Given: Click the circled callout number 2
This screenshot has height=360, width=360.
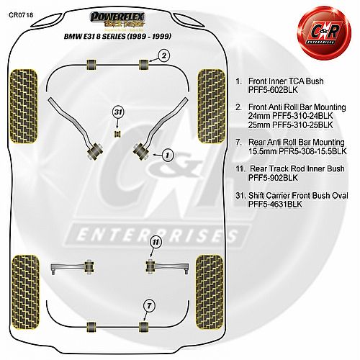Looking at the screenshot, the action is (x=163, y=56).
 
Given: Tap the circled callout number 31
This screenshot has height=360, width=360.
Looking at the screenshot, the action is (x=118, y=112).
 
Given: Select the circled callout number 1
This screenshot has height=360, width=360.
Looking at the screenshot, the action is (x=167, y=156).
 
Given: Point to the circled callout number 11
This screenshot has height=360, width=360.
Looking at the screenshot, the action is (x=156, y=242).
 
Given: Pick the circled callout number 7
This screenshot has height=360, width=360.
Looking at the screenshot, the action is (x=149, y=306).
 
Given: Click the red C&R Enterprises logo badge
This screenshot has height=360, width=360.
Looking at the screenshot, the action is (x=324, y=33).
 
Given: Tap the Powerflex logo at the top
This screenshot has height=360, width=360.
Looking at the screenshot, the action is (x=117, y=19).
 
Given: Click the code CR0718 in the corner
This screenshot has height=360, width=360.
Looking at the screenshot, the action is (x=21, y=15).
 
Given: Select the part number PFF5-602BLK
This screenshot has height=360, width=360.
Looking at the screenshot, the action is (x=273, y=90).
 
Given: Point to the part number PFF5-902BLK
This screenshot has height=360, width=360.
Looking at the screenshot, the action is (x=273, y=178).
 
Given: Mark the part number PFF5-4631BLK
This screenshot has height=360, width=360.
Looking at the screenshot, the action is (x=275, y=204).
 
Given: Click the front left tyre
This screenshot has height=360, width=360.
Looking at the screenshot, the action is (x=24, y=107).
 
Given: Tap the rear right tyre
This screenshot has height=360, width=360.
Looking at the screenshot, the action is (x=210, y=292).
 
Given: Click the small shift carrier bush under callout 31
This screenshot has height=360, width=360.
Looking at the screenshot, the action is (x=117, y=133).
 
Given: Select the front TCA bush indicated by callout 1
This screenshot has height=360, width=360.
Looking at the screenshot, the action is (x=142, y=150).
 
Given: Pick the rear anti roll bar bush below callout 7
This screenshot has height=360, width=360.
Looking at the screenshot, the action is (x=144, y=327).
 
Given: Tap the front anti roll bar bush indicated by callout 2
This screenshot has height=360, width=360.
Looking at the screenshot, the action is (x=143, y=64).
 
